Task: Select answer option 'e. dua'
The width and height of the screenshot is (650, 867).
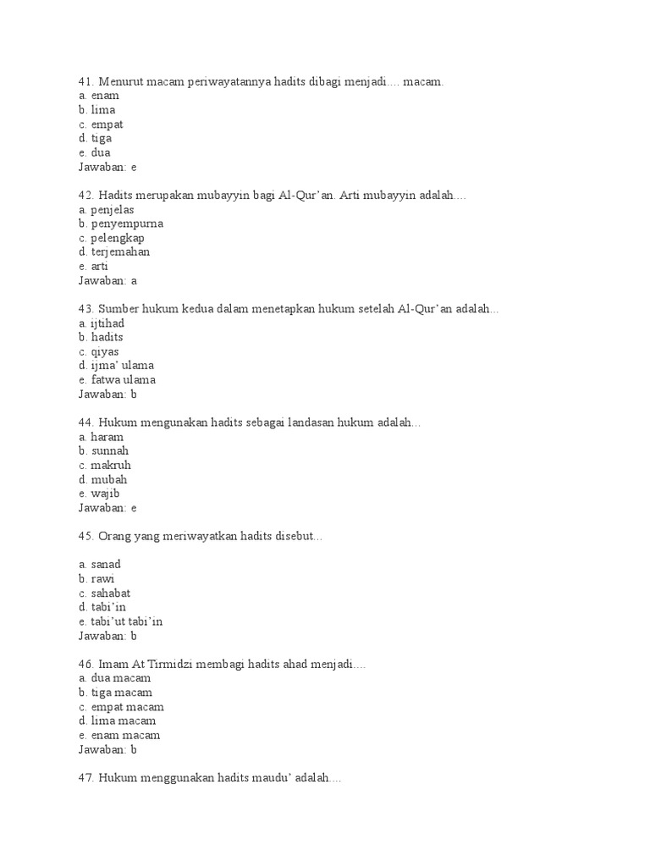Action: [x=95, y=152]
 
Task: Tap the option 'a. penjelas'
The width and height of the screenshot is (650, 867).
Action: [x=106, y=210]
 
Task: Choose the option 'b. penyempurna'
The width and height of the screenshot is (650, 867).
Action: [x=121, y=224]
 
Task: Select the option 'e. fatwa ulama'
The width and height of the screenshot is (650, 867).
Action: [x=117, y=380]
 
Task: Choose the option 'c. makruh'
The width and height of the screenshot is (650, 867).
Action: [x=105, y=466]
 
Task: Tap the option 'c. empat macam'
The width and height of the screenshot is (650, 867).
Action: [x=121, y=707]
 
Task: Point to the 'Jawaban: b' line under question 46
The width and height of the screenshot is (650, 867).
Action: [x=107, y=749]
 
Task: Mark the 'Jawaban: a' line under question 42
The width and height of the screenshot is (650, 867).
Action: [x=107, y=280]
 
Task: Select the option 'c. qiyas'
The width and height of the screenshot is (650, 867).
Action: [x=99, y=351]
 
